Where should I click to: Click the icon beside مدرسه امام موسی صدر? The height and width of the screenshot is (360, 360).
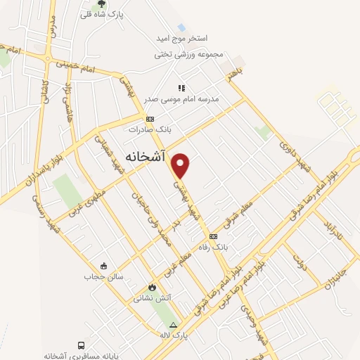[x=181, y=88]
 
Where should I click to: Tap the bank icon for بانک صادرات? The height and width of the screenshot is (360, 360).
[x=150, y=119]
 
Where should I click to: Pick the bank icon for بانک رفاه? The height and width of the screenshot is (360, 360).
[x=214, y=236]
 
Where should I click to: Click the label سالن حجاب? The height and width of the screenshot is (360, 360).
[x=104, y=276]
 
